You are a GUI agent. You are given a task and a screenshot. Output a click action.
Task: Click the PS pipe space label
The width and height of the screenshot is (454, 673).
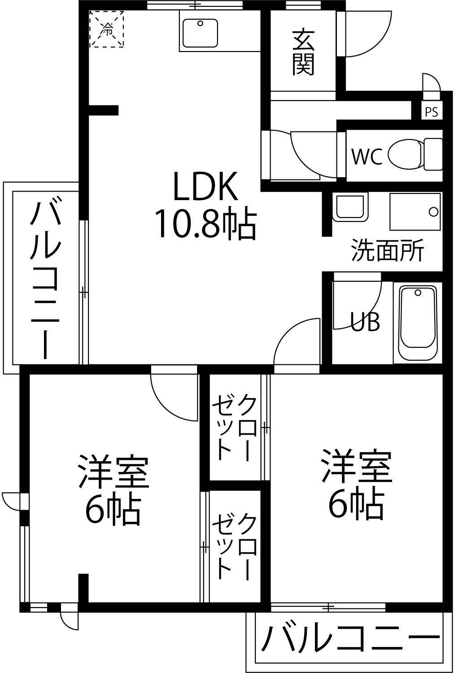tap(432, 112)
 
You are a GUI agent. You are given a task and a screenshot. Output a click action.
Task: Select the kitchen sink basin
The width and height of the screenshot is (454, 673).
tap(200, 33)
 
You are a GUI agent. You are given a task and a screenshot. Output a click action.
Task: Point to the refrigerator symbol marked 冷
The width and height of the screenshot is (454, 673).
tap(107, 29)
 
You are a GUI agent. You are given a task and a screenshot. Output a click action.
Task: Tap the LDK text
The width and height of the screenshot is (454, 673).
tap(205, 186)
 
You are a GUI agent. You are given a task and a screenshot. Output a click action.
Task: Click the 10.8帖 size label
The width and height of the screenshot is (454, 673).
tap(205, 223)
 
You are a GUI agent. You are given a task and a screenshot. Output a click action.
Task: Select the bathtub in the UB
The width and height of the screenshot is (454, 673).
tap(418, 323)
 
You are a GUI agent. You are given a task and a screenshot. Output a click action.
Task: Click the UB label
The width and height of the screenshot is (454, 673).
tap(365, 322)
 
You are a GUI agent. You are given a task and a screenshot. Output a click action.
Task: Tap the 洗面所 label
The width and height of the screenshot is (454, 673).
tap(388, 250)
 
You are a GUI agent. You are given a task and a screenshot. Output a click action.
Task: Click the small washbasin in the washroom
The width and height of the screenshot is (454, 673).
tap(350, 207)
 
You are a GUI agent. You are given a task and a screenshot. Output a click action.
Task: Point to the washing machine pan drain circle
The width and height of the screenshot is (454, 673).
tap(433, 212)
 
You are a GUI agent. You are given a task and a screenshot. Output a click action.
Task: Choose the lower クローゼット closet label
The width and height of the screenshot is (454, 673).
tap(234, 546)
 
